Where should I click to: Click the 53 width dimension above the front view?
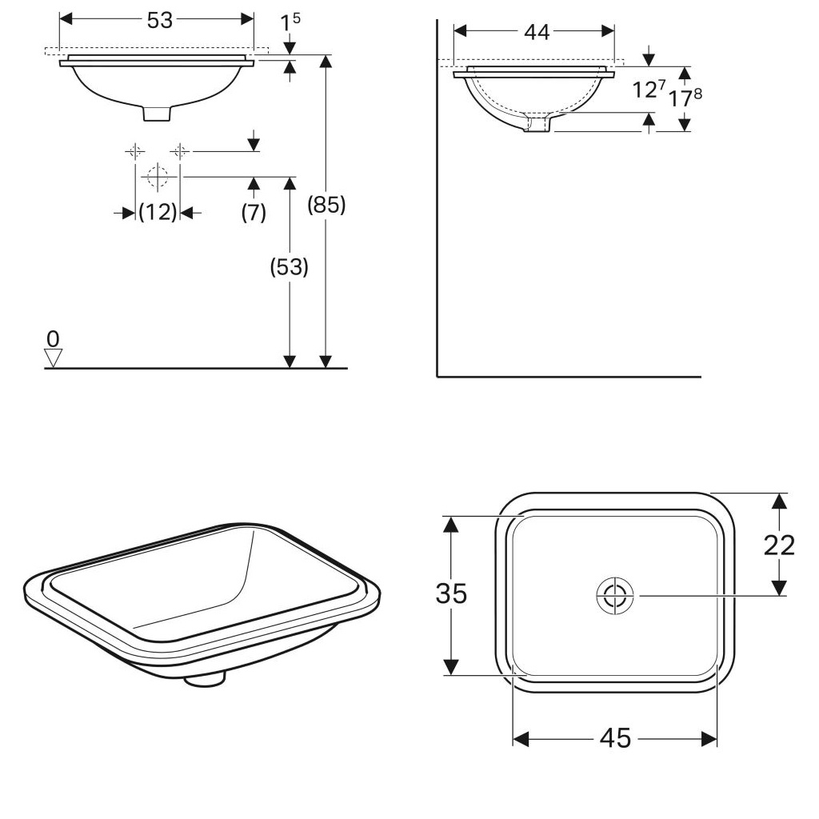159,20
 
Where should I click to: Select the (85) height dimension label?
326,204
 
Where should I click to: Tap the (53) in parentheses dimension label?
289,267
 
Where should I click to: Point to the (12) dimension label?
158,212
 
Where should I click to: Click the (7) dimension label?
254,212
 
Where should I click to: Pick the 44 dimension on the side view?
537,32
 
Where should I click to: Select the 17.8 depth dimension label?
685,97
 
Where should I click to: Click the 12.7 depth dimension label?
649,89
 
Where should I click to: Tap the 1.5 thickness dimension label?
290,22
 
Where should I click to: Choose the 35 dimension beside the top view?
451,594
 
